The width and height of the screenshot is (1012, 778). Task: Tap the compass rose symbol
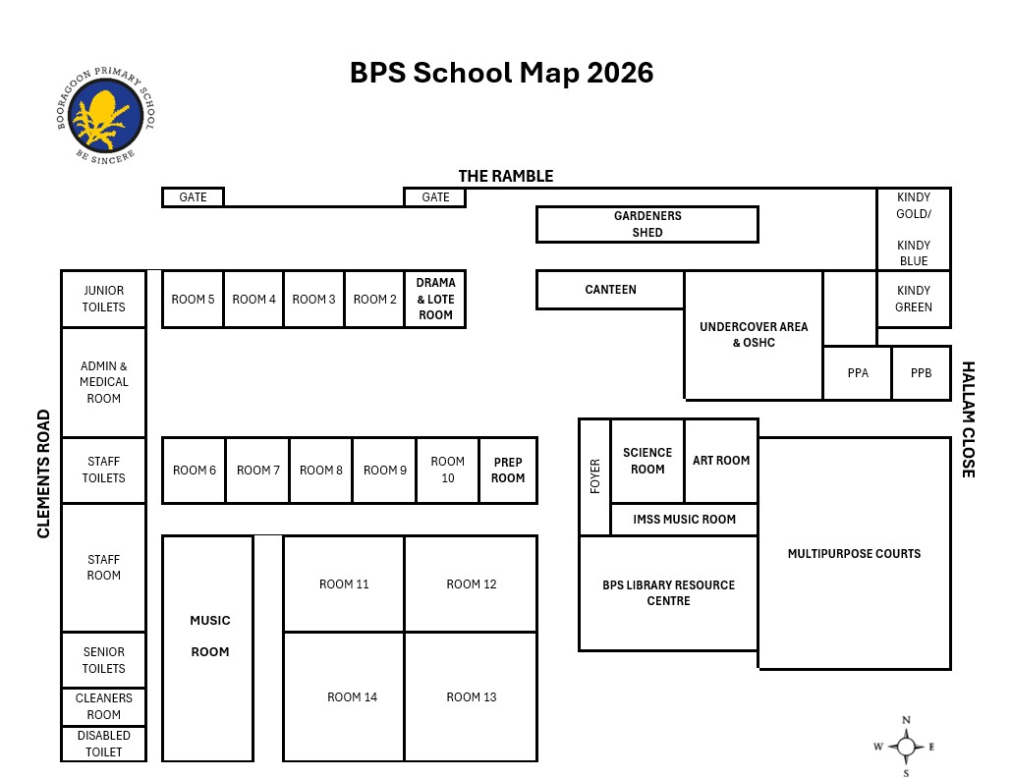coord(906,747)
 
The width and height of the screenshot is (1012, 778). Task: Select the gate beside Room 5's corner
coord(193,197)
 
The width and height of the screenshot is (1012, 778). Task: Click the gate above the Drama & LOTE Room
coord(435,197)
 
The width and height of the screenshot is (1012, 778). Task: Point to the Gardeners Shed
coord(647,225)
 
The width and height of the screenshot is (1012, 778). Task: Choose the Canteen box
coord(610,290)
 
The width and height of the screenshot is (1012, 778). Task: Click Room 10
coord(448,471)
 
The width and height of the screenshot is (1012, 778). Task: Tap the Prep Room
coord(509,471)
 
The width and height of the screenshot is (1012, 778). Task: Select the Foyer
coord(594,476)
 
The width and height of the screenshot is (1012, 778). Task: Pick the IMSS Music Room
coord(684,520)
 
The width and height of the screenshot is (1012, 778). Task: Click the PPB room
coord(921,373)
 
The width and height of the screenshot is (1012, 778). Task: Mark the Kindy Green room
coord(913,299)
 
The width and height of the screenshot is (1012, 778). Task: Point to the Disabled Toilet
coord(104,744)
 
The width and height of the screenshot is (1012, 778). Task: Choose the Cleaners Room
coord(104,706)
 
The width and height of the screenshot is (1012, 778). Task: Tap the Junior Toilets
coord(104,299)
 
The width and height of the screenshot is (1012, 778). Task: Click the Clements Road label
coord(43,474)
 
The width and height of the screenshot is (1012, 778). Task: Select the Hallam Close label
coord(968,419)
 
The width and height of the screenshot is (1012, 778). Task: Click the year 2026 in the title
coord(620,73)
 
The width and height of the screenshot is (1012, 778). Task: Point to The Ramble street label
coord(506,176)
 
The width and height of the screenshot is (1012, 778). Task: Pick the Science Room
coord(647,461)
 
